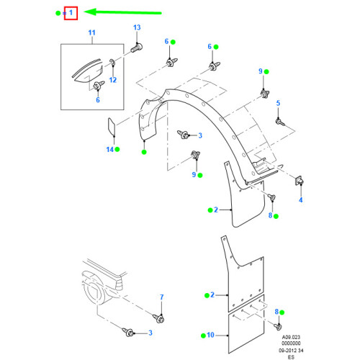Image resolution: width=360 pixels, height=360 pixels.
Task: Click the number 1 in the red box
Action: [71, 12]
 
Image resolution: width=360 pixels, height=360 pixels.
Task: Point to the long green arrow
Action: [122, 12]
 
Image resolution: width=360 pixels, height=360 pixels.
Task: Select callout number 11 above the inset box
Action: [92, 32]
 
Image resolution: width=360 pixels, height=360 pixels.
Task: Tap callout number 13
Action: [137, 27]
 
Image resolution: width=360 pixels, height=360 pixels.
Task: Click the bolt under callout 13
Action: [137, 48]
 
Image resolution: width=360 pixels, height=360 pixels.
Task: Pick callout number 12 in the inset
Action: [113, 80]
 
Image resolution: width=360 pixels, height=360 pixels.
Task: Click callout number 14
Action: [109, 150]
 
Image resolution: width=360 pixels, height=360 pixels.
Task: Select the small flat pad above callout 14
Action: [112, 127]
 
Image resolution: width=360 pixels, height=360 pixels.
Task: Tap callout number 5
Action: [278, 103]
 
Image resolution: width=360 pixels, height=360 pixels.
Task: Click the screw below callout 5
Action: [280, 122]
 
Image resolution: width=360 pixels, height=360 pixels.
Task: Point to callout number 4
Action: [301, 199]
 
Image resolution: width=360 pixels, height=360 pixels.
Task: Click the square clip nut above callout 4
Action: [299, 181]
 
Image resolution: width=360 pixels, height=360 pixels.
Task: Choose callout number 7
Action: [162, 297]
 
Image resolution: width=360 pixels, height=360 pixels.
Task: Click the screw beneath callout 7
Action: [158, 318]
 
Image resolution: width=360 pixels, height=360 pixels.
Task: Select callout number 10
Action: [210, 335]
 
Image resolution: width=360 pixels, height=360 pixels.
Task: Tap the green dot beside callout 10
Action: [203, 336]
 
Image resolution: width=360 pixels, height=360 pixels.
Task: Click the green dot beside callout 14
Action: [117, 149]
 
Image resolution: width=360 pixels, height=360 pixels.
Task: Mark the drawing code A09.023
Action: [291, 337]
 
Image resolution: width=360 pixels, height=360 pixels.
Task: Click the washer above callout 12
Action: [112, 63]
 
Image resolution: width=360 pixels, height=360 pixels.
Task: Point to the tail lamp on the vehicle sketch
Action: [120, 285]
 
